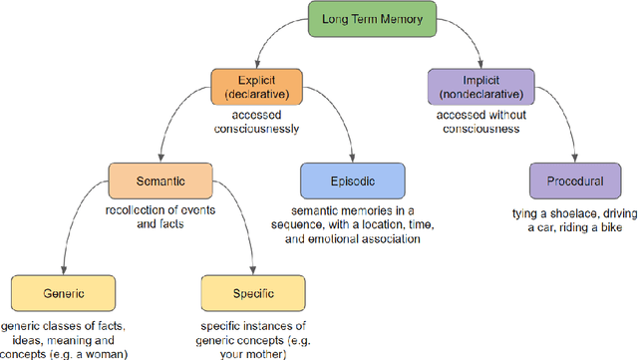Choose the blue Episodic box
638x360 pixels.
tap(353, 182)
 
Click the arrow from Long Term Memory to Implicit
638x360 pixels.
tap(454, 40)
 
